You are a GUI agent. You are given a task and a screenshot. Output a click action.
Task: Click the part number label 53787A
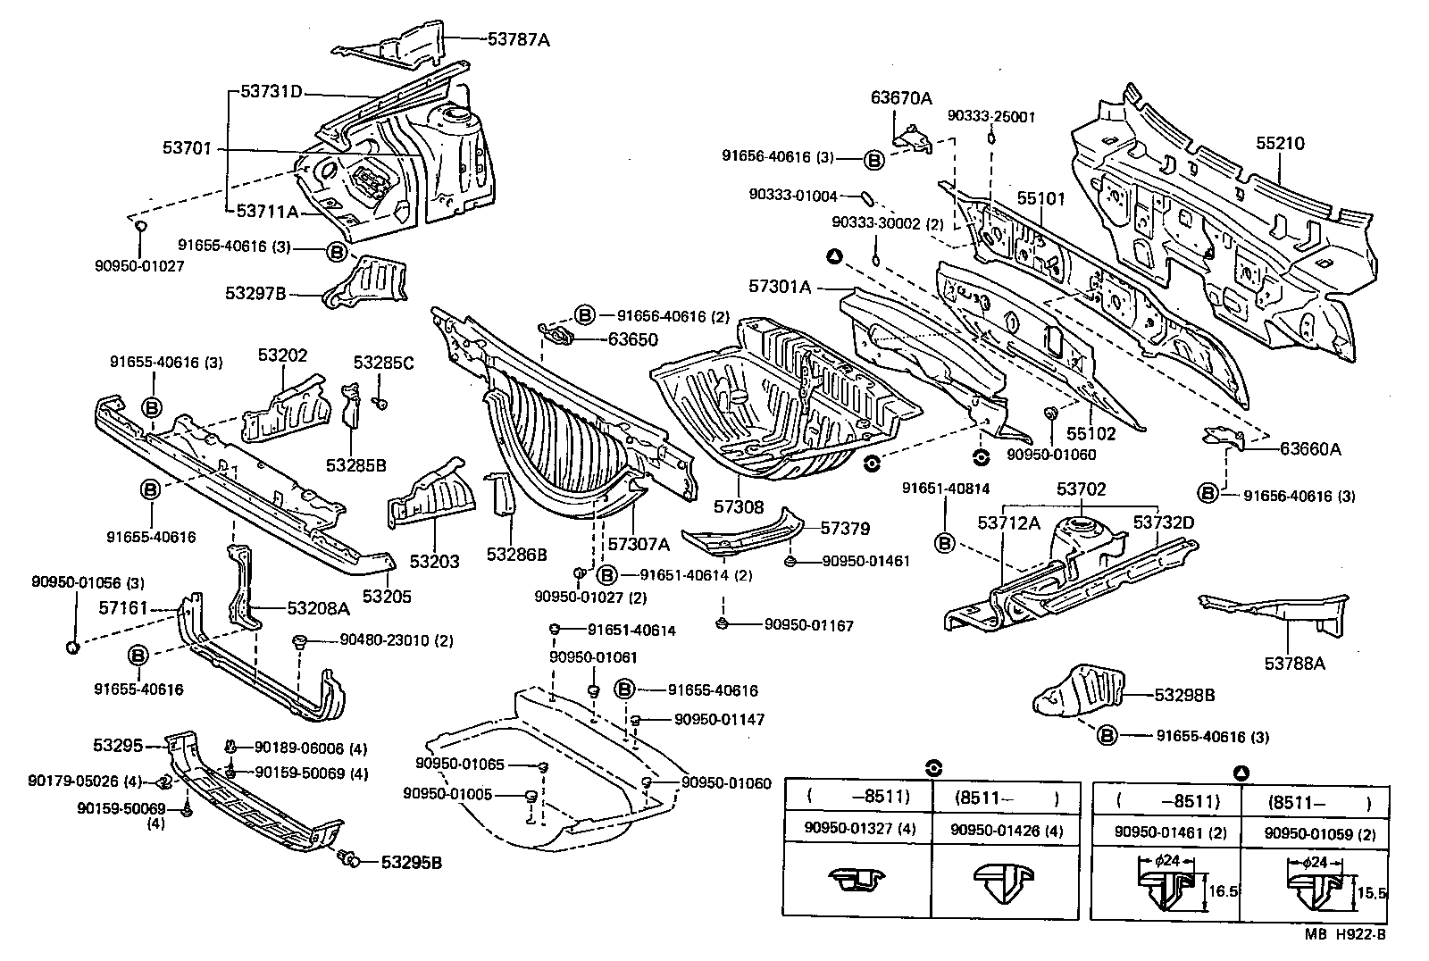tap(518, 38)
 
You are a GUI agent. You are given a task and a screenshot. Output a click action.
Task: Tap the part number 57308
tap(739, 506)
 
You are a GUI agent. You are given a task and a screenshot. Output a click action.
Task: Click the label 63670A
tap(901, 98)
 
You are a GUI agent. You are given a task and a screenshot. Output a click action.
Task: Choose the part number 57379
tap(845, 529)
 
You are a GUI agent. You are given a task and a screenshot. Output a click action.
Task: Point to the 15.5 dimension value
tap(1372, 891)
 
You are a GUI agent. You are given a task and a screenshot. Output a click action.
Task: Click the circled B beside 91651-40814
tap(945, 542)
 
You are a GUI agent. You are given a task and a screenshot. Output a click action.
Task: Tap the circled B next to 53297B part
tap(337, 253)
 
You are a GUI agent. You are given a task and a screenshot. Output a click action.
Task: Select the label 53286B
tap(516, 554)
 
